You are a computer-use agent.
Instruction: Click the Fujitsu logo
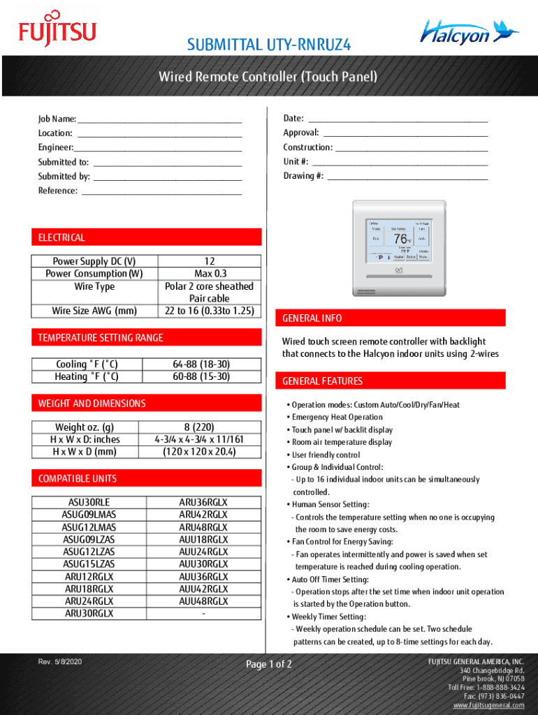pos(57,32)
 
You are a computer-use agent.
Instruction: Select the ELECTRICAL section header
pos(62,237)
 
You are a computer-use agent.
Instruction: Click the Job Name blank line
pos(160,119)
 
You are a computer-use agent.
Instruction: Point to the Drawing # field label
pos(303,176)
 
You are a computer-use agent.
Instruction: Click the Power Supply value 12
pos(209,262)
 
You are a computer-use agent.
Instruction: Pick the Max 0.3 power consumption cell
pos(209,274)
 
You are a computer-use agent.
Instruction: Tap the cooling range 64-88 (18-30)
pos(201,364)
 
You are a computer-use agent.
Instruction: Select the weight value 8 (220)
pos(200,427)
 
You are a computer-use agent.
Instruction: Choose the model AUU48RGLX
pos(203,601)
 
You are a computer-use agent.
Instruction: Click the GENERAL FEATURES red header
pos(323,381)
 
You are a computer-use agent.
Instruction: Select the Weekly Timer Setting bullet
pos(328,617)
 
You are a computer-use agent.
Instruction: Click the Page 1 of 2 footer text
pos(269,664)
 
